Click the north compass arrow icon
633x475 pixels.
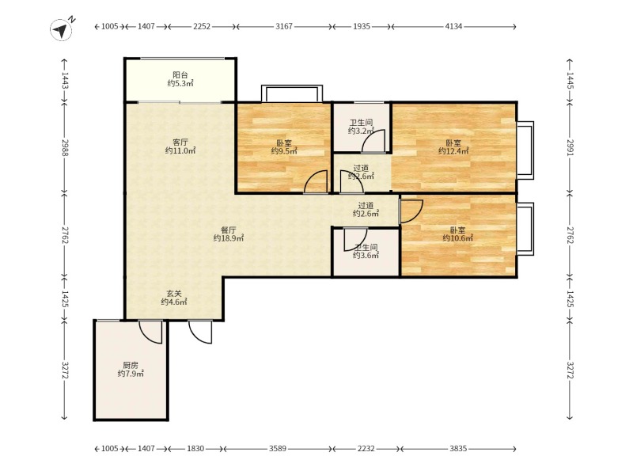click(62, 30)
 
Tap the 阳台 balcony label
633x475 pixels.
click(180, 74)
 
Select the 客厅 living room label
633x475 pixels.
click(180, 142)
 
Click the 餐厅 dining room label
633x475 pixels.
click(229, 230)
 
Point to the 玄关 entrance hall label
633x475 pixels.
click(174, 293)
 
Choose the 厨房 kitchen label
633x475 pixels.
click(131, 365)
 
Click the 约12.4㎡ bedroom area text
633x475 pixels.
click(453, 151)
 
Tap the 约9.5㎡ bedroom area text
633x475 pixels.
click(284, 151)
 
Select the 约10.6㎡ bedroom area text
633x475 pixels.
click(458, 238)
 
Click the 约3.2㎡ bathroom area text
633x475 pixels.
click(362, 131)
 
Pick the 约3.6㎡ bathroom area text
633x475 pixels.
click(366, 255)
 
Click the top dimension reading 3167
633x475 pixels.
click(284, 26)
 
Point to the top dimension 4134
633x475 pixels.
click(453, 26)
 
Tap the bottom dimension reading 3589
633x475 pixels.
click(278, 448)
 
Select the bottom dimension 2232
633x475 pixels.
click(366, 448)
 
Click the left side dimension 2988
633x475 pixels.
click(65, 147)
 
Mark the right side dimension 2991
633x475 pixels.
click(570, 147)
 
